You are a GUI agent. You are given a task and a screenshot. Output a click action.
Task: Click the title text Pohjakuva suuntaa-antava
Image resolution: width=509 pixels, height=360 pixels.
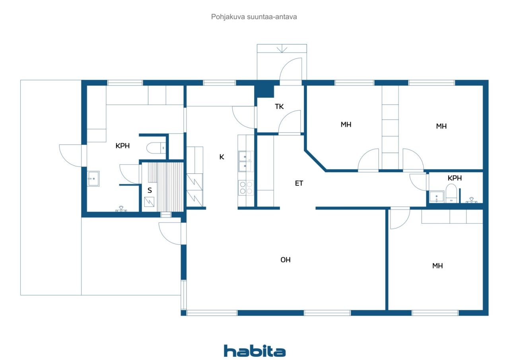click(254, 17)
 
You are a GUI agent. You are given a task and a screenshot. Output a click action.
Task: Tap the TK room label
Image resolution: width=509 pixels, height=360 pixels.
click(279, 106)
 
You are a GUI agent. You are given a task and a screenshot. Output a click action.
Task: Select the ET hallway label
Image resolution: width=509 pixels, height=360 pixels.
click(299, 183)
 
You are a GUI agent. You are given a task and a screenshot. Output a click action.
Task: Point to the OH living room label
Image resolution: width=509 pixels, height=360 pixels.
click(286, 260)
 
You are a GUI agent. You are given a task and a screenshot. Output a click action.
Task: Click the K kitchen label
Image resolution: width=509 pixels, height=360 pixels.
click(222, 157)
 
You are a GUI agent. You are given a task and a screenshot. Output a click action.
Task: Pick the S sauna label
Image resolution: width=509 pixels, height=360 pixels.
click(150, 190)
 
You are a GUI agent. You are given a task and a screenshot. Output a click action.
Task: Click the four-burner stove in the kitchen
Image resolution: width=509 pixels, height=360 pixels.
click(246, 188)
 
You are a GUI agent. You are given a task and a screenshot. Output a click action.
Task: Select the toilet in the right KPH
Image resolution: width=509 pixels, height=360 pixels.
click(451, 193)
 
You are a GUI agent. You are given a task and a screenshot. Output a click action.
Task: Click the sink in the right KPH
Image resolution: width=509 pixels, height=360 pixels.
click(437, 197)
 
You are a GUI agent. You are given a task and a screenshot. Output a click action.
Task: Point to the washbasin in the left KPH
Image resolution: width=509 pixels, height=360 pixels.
click(93, 179)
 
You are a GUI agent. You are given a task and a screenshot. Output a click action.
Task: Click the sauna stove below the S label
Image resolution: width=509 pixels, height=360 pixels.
click(149, 202)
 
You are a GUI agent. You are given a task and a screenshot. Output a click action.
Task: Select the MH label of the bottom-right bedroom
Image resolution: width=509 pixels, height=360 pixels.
click(437, 266)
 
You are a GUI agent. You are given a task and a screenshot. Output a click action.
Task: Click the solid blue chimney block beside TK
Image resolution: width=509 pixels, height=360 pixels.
click(264, 91)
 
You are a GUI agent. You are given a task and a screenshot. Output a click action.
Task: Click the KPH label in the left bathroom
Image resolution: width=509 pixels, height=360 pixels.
click(122, 146)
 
